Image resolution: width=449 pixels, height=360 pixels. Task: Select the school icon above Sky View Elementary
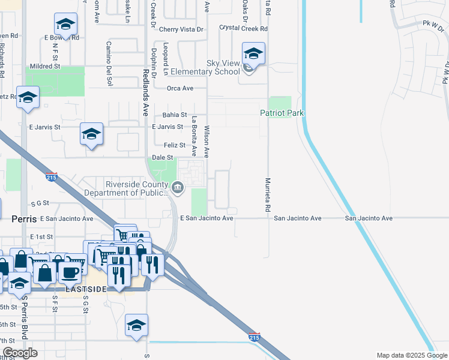click(253, 54)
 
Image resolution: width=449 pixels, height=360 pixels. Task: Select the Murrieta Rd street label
click(265, 196)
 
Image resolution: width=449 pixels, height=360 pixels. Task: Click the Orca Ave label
click(180, 88)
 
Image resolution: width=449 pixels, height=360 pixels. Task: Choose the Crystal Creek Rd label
click(243, 28)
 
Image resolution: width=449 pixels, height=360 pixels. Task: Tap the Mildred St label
click(46, 66)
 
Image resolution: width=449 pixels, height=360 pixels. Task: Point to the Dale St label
click(162, 157)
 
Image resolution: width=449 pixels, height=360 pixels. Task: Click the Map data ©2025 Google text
click(412, 355)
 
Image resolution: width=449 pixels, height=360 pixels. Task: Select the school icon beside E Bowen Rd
click(65, 25)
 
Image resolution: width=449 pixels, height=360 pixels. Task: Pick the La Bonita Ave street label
click(194, 137)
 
